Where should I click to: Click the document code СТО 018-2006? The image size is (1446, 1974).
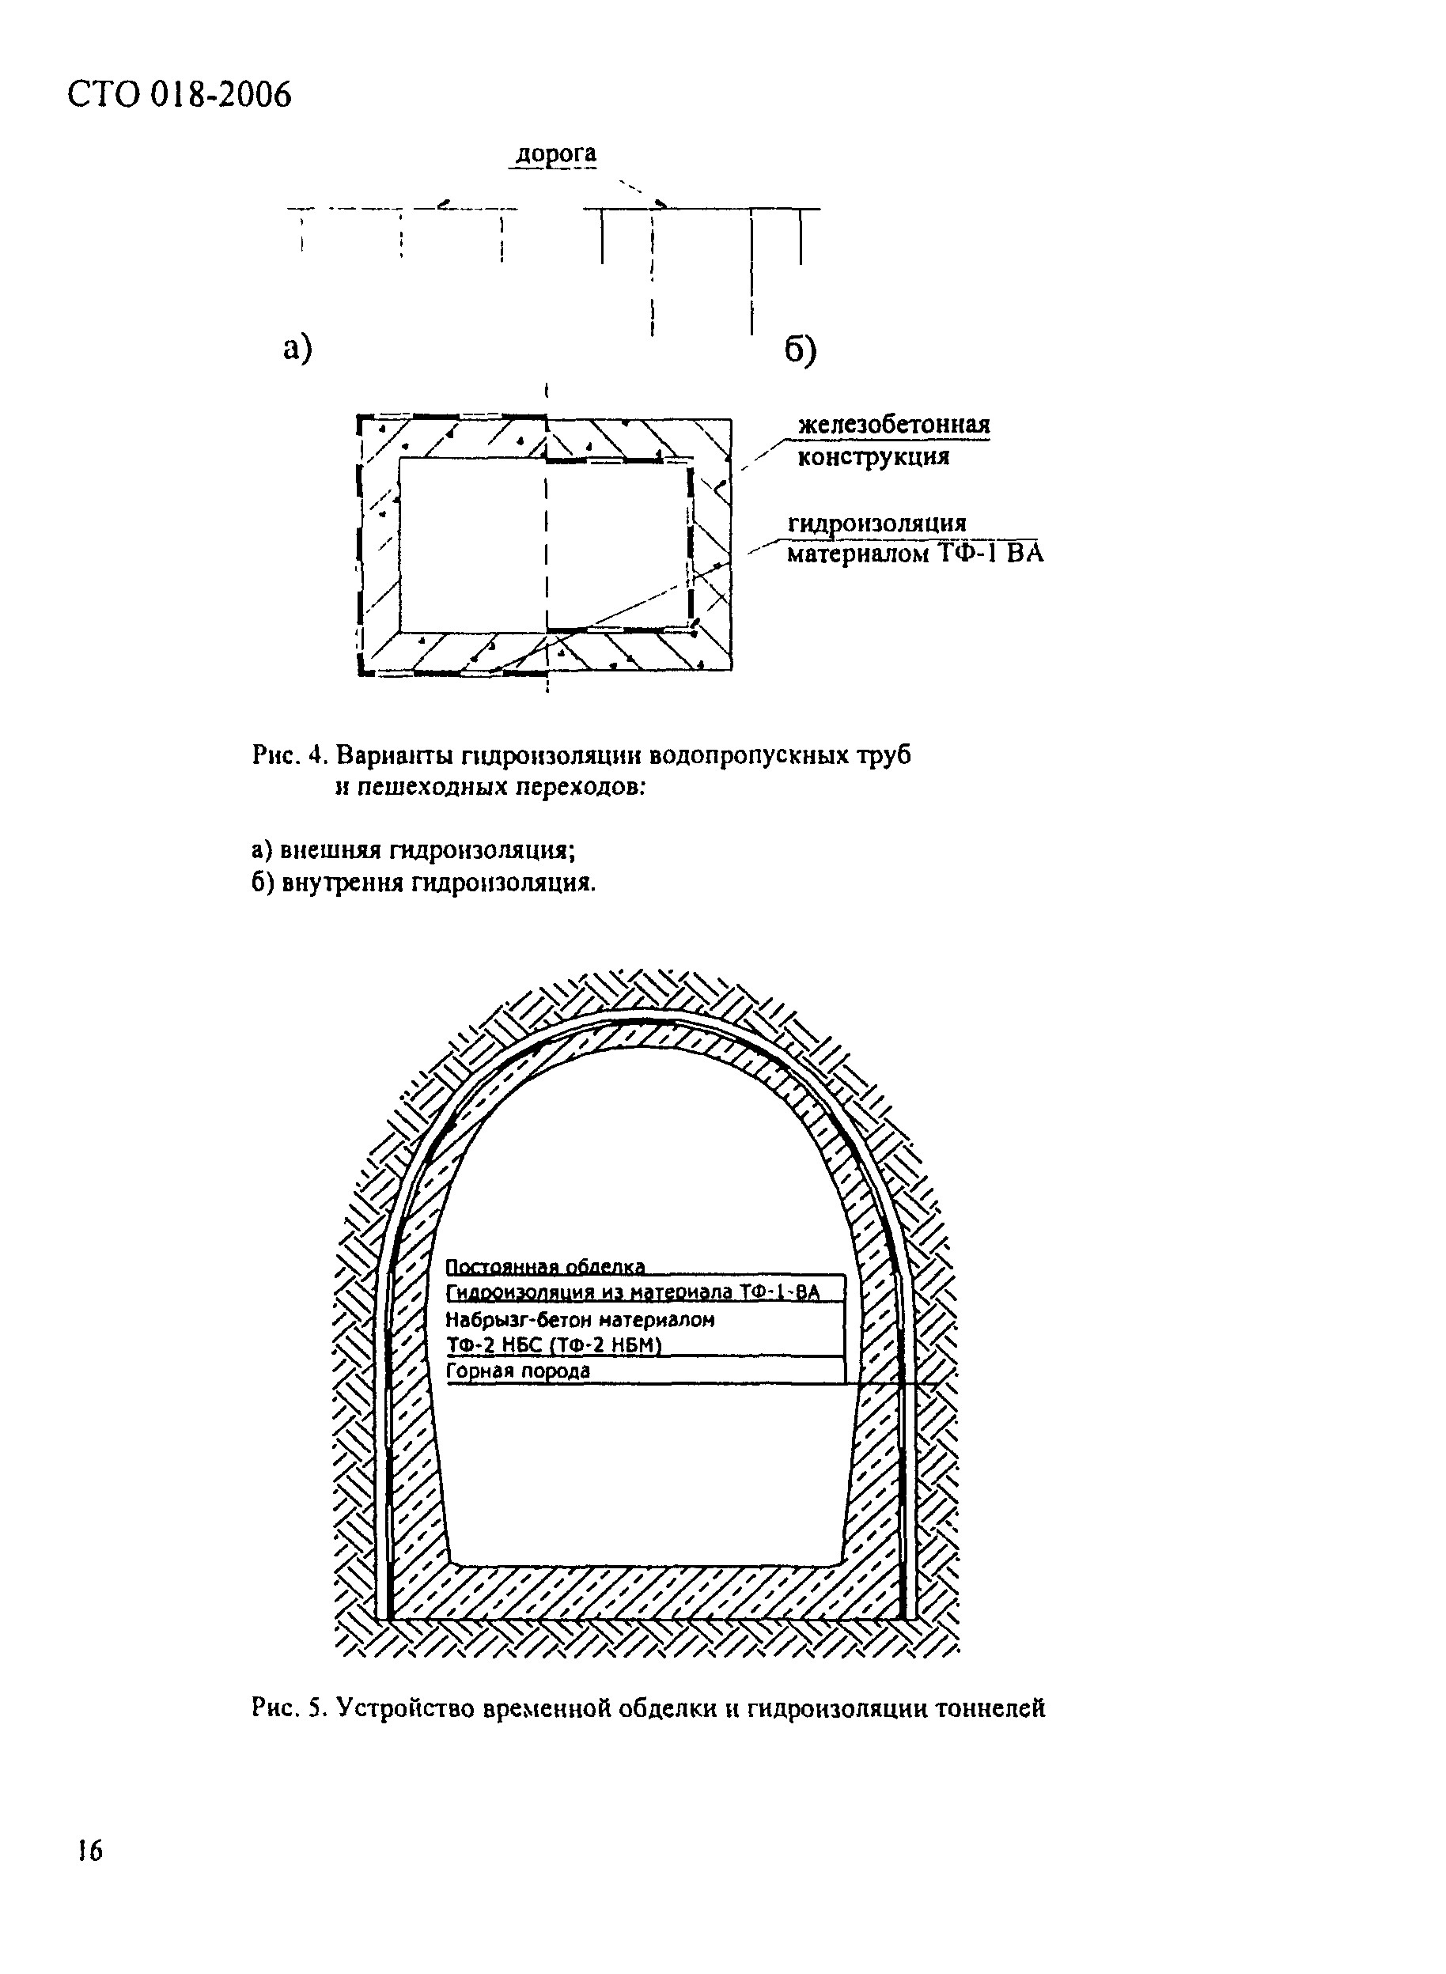[180, 94]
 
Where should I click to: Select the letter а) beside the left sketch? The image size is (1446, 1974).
[297, 348]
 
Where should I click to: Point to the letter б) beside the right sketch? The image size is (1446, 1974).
[800, 351]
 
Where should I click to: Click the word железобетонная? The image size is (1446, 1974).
[894, 425]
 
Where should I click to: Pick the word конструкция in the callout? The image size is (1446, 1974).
[873, 457]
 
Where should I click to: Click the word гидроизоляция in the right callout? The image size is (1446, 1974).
[877, 524]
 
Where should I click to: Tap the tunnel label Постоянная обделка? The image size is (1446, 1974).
[545, 1266]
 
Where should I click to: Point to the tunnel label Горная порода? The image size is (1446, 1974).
[518, 1371]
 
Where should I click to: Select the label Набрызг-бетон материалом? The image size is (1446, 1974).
[581, 1319]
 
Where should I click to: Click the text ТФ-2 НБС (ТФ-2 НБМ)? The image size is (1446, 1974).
[551, 1346]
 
